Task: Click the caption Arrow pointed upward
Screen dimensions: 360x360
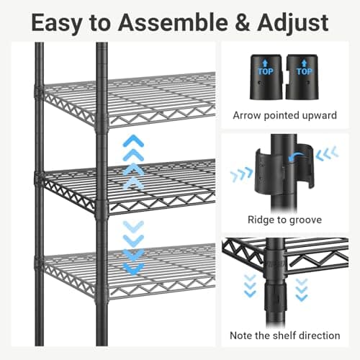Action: pyautogui.click(x=286, y=115)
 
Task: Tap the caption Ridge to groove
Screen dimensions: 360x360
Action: pyautogui.click(x=286, y=220)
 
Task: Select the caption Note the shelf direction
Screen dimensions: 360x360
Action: pyautogui.click(x=286, y=335)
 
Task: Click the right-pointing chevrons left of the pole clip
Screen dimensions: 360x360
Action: pyautogui.click(x=241, y=174)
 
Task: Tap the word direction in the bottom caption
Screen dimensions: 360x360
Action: pyautogui.click(x=318, y=335)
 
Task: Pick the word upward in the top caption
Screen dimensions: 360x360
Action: pyautogui.click(x=318, y=115)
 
